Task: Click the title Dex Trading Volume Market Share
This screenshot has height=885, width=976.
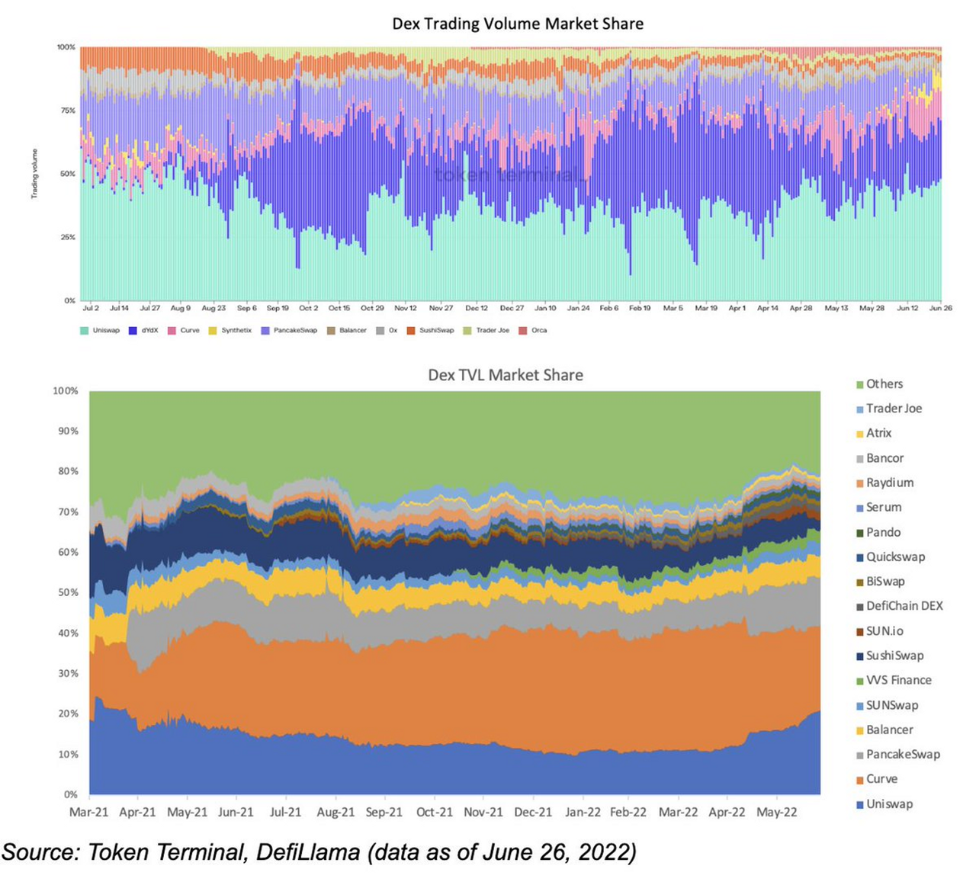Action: (x=518, y=24)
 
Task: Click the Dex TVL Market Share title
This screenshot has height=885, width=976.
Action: (x=505, y=375)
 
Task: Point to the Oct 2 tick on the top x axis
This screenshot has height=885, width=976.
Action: (x=308, y=308)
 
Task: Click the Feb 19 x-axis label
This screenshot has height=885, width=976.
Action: (x=640, y=308)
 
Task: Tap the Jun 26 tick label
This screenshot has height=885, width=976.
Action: (x=940, y=308)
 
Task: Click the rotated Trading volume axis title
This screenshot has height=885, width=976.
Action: (x=34, y=175)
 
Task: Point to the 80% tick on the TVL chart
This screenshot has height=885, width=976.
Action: (x=66, y=471)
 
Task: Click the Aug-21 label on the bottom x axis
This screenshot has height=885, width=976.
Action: (x=335, y=813)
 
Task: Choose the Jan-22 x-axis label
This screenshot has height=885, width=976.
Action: (x=583, y=813)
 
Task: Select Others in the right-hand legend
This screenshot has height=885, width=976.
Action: (x=884, y=384)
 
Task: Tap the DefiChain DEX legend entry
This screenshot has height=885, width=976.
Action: (x=904, y=606)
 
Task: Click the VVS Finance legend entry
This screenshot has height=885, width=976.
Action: (x=898, y=680)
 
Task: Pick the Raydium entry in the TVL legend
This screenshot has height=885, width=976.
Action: (x=889, y=483)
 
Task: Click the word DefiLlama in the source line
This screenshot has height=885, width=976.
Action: (x=307, y=851)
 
